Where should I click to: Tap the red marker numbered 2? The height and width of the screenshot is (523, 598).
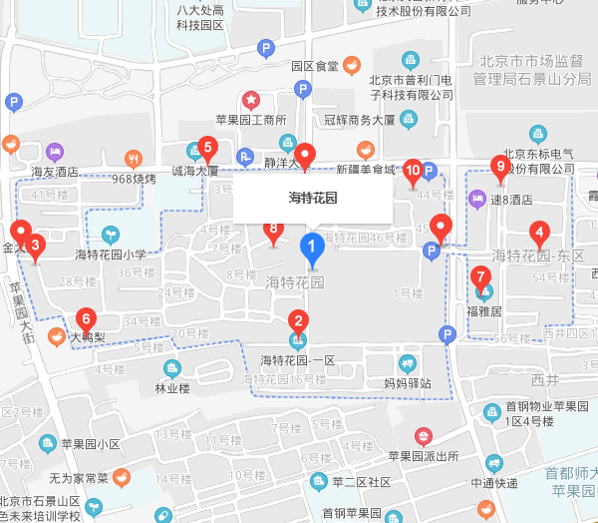click(x=297, y=322)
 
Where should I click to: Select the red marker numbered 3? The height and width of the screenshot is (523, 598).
click(x=36, y=246)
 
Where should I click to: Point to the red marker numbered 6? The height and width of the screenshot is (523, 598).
click(x=86, y=320)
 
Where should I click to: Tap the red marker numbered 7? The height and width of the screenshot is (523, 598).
click(x=481, y=277)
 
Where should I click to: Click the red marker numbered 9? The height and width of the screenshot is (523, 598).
click(x=500, y=168)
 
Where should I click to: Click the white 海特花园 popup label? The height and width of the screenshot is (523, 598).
click(x=313, y=198)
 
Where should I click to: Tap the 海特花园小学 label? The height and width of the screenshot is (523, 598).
click(x=111, y=254)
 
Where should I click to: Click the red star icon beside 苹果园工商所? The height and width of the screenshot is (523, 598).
click(x=251, y=101)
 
